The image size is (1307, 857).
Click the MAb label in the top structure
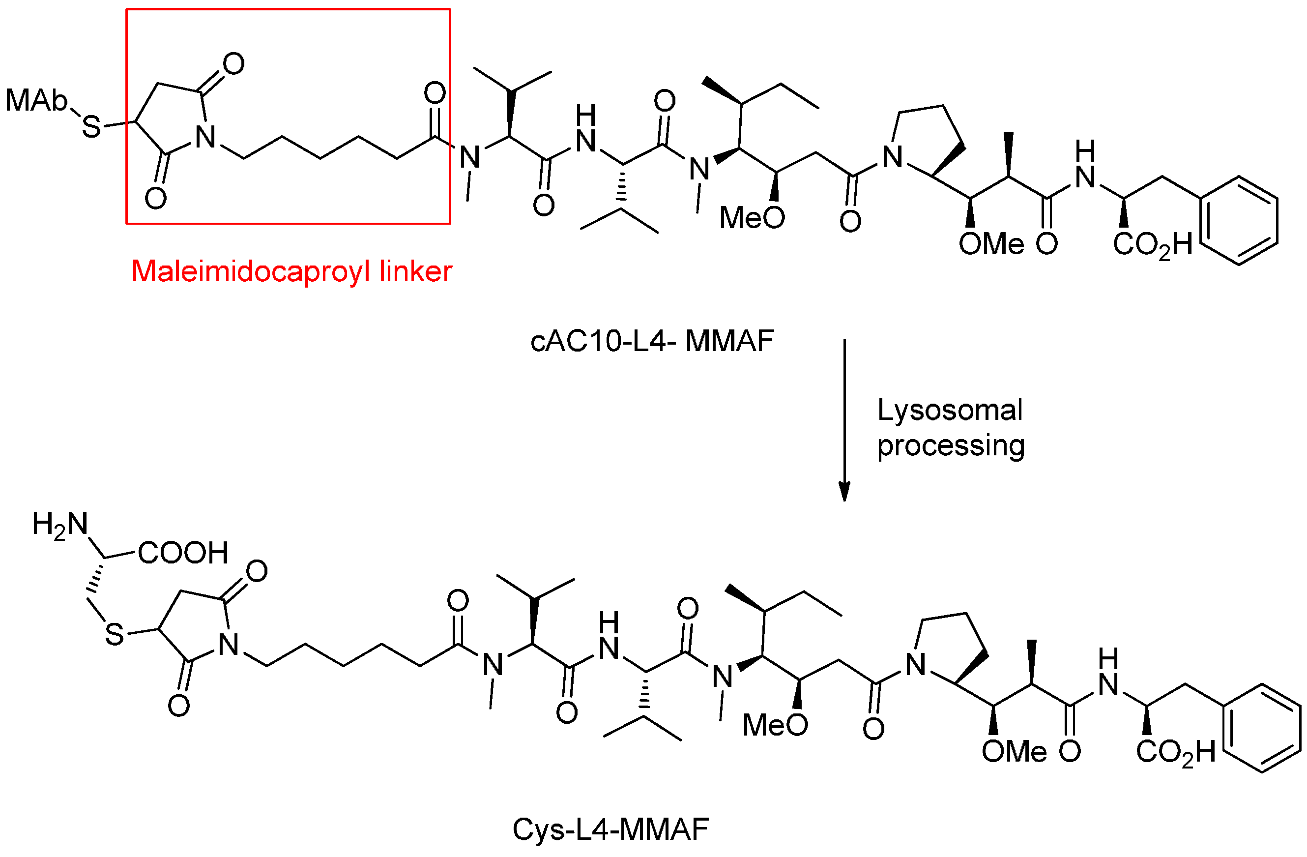pyautogui.click(x=36, y=100)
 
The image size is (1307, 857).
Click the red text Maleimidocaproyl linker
pyautogui.click(x=291, y=271)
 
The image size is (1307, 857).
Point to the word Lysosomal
pyautogui.click(x=950, y=411)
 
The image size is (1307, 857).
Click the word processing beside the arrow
pyautogui.click(x=951, y=445)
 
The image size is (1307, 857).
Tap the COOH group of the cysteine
pyautogui.click(x=183, y=553)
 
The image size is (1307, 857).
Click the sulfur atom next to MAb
pyautogui.click(x=92, y=127)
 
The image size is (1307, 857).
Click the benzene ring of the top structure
pyautogui.click(x=1239, y=220)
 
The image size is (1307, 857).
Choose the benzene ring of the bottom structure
pyautogui.click(x=1262, y=728)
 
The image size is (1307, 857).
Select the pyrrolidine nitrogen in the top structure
pyautogui.click(x=892, y=158)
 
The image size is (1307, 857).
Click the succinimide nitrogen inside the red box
pyautogui.click(x=206, y=137)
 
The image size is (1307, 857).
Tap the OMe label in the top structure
pyautogui.click(x=991, y=244)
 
